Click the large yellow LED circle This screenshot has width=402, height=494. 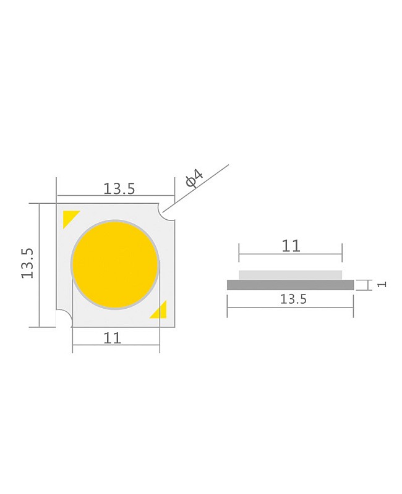115,265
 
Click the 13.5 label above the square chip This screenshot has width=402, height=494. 119,189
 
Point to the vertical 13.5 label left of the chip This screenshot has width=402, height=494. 27,264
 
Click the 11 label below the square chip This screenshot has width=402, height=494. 112,338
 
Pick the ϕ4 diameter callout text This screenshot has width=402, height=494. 194,178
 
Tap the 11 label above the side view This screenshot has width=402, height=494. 290,246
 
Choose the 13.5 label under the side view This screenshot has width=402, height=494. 293,299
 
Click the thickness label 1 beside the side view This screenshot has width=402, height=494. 382,284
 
